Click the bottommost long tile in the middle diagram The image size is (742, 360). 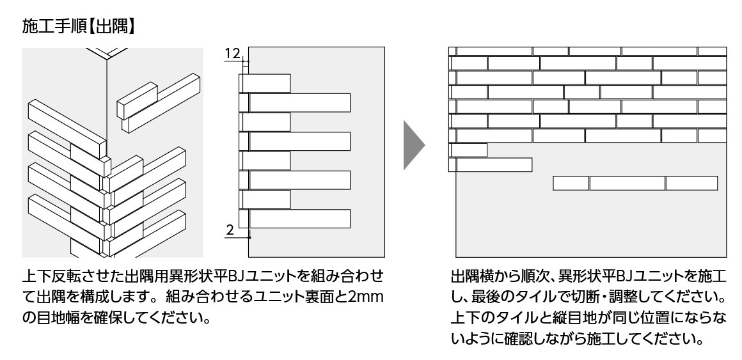[x=299, y=219]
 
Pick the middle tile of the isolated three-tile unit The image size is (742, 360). [x=627, y=184]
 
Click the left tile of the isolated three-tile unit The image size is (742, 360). [x=571, y=184]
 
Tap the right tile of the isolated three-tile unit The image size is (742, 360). [x=691, y=184]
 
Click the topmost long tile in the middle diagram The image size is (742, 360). [x=299, y=102]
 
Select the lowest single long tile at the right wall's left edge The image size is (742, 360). [x=494, y=164]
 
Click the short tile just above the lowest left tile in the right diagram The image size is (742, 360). [x=469, y=150]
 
